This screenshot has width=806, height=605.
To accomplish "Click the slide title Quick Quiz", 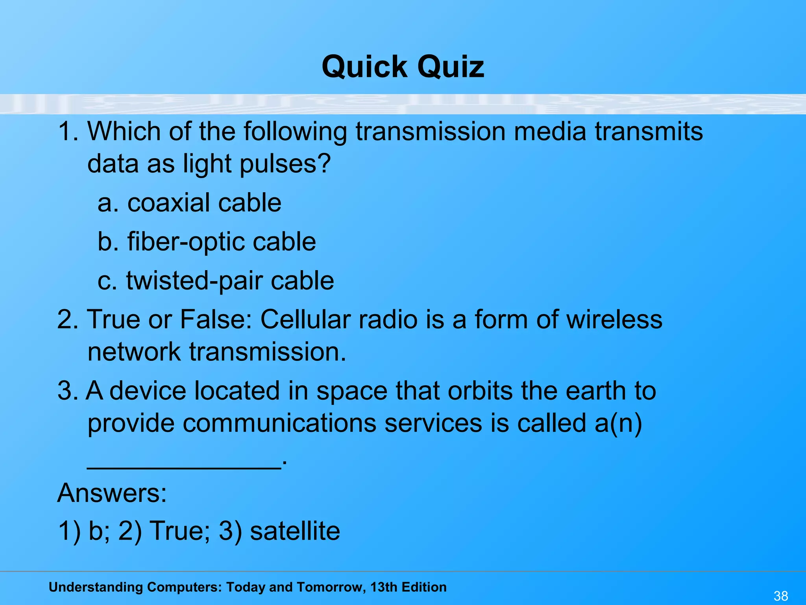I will coord(403,67).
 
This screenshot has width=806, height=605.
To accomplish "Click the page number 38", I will coord(781,596).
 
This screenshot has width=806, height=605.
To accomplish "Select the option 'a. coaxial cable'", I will coord(189,203).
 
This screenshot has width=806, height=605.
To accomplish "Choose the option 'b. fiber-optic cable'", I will coord(207,242).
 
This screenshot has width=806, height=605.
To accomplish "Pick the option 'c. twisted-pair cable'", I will coord(216,281).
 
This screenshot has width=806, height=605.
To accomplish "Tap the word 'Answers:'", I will coord(112,493).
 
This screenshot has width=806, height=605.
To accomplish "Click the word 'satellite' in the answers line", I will coord(295,531).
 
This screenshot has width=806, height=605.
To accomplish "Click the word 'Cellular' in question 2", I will coord(305,319).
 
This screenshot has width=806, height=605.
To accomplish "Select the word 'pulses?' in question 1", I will coord(285,164).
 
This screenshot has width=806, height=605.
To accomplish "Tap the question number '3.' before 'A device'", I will coord(68,391).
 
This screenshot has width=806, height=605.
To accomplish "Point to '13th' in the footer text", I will coord(385,587).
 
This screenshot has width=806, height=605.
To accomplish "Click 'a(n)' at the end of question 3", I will coord(618,424).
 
